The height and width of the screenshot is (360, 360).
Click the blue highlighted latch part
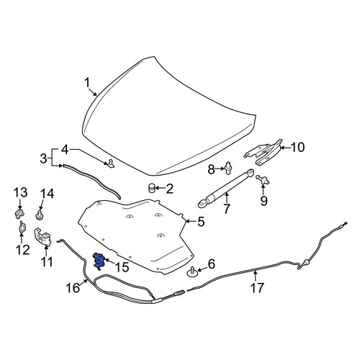[99, 261]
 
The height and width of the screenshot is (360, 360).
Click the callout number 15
[122, 267]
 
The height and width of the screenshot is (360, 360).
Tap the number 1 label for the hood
[87, 83]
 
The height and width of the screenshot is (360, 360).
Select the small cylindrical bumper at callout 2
[151, 187]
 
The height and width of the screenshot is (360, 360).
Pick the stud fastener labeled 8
[228, 168]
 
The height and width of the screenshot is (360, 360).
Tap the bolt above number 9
[262, 179]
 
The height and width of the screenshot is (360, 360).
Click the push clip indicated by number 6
[192, 272]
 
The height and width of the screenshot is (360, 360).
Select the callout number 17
[257, 287]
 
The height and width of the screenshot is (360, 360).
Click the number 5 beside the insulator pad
[201, 222]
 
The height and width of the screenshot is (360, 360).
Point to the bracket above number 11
[42, 237]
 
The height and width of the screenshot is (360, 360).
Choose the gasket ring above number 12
[22, 227]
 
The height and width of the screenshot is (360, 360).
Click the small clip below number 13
[19, 214]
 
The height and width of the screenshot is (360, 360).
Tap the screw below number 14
[39, 215]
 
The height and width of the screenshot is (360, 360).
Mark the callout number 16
[73, 288]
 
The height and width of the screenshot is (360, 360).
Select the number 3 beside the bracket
[43, 158]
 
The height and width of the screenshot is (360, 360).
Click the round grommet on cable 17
[307, 263]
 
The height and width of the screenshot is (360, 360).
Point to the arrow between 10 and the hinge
[285, 148]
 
